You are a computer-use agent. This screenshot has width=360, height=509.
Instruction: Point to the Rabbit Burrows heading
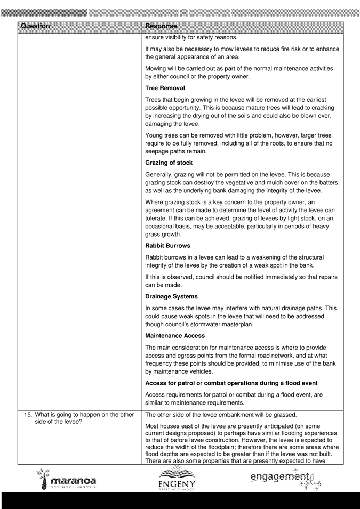(x=167, y=246)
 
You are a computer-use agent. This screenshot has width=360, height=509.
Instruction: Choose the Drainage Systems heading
(x=171, y=296)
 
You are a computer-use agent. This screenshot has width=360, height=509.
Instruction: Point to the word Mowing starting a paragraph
(x=156, y=68)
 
